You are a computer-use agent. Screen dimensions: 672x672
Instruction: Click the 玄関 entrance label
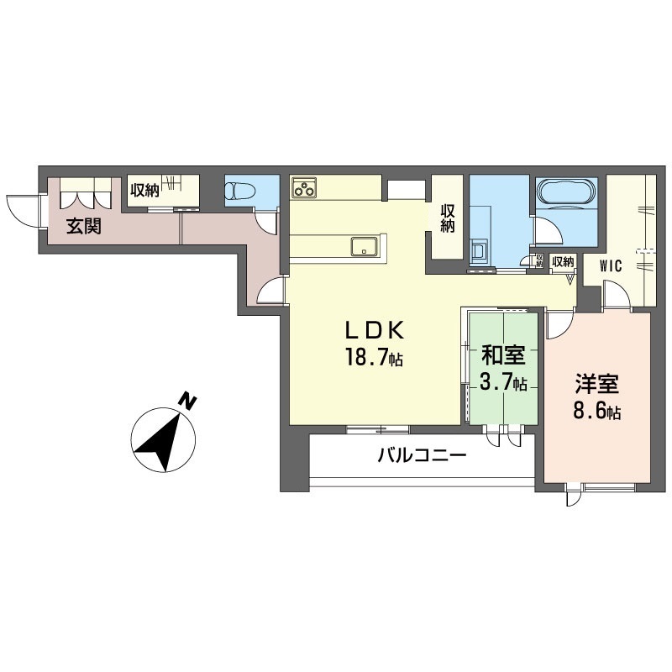[84, 226]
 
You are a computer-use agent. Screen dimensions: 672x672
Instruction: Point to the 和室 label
[502, 355]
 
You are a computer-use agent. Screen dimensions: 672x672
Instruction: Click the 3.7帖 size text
[503, 383]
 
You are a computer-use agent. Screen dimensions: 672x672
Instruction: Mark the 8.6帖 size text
[597, 412]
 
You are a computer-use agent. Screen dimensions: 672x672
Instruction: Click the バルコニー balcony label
[421, 457]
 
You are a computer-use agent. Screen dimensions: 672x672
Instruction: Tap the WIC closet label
[611, 266]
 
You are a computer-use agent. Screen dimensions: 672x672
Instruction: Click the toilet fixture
[240, 191]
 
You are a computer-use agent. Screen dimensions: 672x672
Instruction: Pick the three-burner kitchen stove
[304, 187]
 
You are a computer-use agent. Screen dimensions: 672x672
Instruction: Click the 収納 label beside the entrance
[144, 190]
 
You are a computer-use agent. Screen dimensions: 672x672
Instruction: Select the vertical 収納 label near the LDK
[448, 218]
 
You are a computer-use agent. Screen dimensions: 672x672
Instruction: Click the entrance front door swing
[23, 208]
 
